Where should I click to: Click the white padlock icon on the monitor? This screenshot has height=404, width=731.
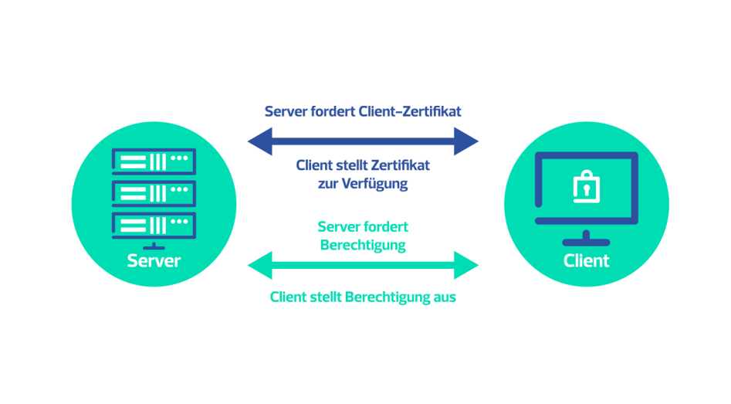tap(587, 187)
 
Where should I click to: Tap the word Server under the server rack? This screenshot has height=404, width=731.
tap(154, 261)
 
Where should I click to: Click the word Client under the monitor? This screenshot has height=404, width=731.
tap(586, 261)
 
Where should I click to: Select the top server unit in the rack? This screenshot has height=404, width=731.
tap(154, 161)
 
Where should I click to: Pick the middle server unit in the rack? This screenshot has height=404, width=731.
tap(154, 193)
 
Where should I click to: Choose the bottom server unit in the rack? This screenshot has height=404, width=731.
tap(154, 226)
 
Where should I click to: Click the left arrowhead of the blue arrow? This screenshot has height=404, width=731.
tap(260, 141)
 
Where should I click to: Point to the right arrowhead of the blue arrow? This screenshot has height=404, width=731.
tap(466, 141)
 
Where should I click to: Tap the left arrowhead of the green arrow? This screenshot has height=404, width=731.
tap(260, 265)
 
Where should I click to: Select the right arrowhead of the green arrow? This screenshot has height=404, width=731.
tap(466, 265)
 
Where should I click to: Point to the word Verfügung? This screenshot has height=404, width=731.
tap(375, 184)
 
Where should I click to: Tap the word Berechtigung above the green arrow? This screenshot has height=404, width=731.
tap(363, 246)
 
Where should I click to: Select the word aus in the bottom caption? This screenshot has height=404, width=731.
tap(445, 297)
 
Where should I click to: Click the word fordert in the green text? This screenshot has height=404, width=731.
tap(385, 227)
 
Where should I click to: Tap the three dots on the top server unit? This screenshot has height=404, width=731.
tap(180, 158)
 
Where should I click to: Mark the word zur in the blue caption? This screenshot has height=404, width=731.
tap(328, 184)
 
